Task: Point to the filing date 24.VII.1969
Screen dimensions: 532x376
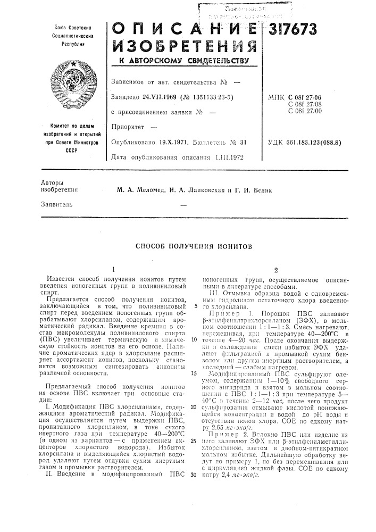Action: (158, 97)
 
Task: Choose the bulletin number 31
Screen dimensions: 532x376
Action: (246, 143)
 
